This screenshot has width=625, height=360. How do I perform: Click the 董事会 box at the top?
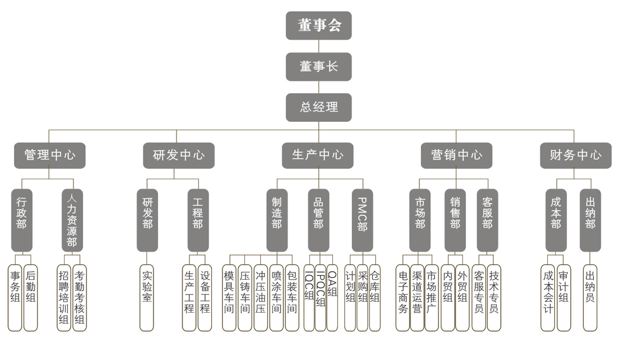click(x=318, y=26)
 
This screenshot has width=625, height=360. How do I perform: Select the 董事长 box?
click(x=318, y=67)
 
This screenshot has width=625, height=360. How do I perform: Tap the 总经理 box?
click(x=318, y=107)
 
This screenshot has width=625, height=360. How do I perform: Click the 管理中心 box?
click(x=49, y=155)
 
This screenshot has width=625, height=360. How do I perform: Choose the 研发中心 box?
click(x=179, y=155)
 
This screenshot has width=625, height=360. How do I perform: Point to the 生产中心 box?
click(x=318, y=155)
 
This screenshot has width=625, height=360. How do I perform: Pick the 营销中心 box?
click(x=456, y=155)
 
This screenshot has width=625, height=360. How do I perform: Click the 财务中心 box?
click(x=576, y=155)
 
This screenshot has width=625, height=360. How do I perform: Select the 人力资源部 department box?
click(x=72, y=220)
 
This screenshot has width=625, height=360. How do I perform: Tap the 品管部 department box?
click(x=318, y=220)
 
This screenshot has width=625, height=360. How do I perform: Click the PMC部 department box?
click(x=362, y=220)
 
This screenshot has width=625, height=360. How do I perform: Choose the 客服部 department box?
click(x=487, y=220)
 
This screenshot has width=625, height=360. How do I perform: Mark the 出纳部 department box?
click(x=590, y=220)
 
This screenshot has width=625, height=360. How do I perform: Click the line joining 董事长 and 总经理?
click(x=318, y=87)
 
